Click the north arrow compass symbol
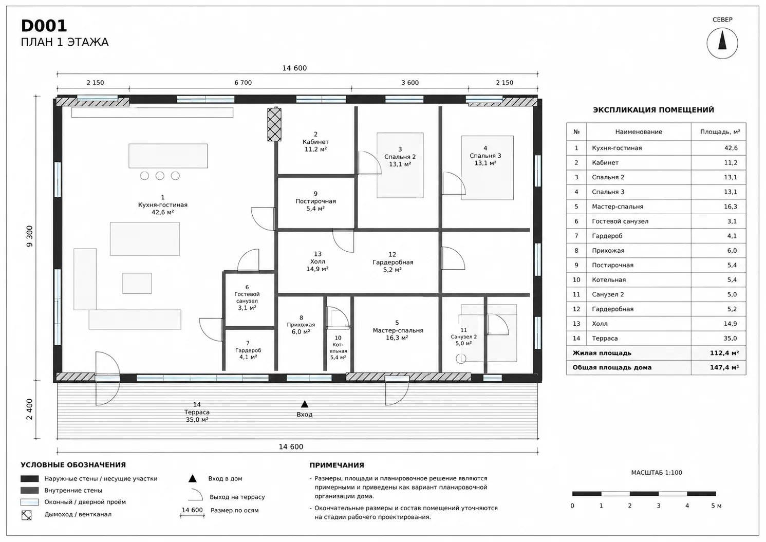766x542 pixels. click(722, 44)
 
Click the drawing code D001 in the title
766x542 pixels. click(44, 26)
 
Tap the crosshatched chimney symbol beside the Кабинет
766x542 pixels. click(274, 124)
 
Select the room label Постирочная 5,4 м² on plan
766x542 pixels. click(315, 201)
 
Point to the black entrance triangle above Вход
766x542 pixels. click(305, 404)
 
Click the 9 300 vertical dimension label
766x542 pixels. click(30, 236)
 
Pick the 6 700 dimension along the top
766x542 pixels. click(243, 83)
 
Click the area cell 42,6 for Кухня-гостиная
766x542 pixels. click(731, 148)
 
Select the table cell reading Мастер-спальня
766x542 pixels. click(618, 207)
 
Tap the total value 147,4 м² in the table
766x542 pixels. click(724, 368)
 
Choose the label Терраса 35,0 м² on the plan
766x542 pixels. click(197, 412)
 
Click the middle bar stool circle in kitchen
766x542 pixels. click(160, 176)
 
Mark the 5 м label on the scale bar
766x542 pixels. click(716, 506)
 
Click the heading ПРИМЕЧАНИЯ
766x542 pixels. click(337, 465)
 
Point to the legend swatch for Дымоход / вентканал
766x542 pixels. click(26, 515)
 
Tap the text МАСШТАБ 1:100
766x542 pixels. click(657, 473)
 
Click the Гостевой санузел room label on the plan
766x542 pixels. click(247, 297)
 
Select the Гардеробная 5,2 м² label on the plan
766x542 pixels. click(393, 263)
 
